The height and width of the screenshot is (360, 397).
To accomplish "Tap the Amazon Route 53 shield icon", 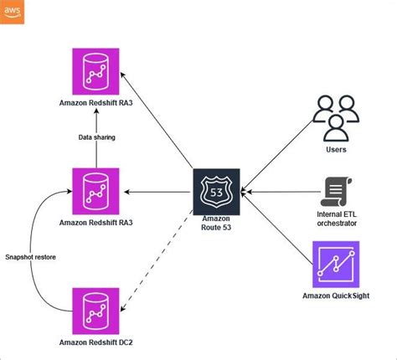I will (216, 192).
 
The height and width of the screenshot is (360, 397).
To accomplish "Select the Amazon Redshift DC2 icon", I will (95, 311).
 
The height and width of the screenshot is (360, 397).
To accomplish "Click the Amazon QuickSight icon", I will (336, 265).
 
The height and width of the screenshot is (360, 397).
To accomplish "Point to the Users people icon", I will (335, 119).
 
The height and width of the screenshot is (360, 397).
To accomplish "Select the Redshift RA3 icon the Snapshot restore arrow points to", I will (95, 191).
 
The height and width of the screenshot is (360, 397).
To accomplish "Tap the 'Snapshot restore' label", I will (31, 257).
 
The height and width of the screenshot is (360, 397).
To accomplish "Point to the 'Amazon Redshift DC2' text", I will (95, 342).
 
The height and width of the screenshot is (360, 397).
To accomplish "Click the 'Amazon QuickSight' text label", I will (336, 296).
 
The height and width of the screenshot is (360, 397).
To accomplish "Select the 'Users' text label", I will (335, 150).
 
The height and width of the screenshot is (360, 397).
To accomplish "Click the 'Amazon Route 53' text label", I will (216, 222).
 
